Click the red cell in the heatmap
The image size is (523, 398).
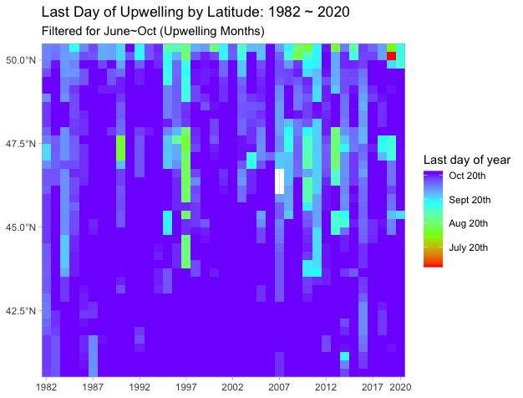(x=391, y=56)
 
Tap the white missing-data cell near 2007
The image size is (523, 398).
(x=280, y=181)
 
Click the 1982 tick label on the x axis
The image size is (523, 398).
(x=47, y=387)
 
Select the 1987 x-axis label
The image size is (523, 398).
(x=93, y=387)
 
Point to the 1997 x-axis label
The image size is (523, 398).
(x=185, y=387)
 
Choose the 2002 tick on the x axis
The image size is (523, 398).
(x=232, y=387)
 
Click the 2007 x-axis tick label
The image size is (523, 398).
(x=279, y=387)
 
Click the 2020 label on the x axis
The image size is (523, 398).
(x=399, y=387)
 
